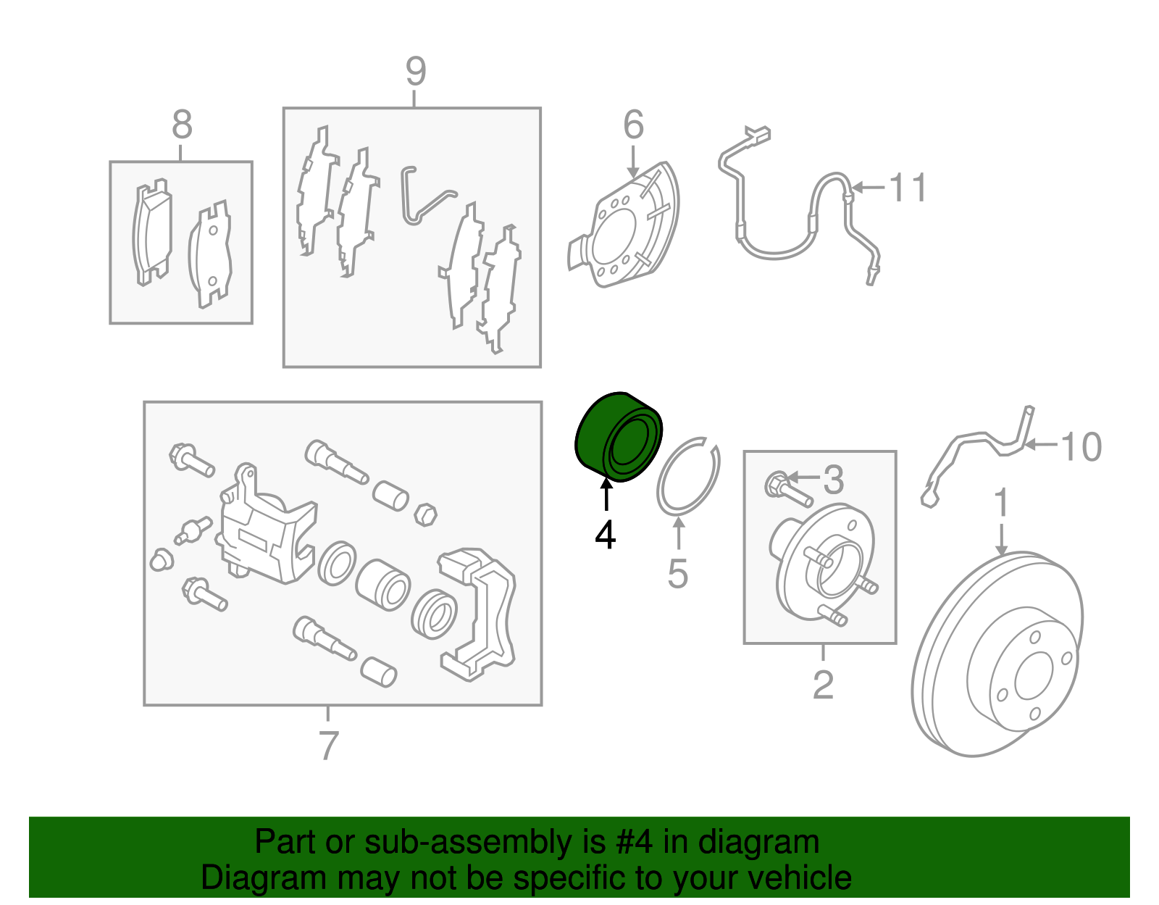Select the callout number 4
tap(606, 535)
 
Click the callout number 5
tap(678, 573)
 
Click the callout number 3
tap(834, 480)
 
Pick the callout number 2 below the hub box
tap(823, 685)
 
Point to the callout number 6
tap(634, 125)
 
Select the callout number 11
tap(908, 187)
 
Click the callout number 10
tap(1081, 446)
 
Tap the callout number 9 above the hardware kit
tap(416, 71)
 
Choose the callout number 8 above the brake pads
tap(182, 125)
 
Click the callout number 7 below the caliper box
tap(329, 745)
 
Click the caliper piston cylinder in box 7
tap(383, 585)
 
